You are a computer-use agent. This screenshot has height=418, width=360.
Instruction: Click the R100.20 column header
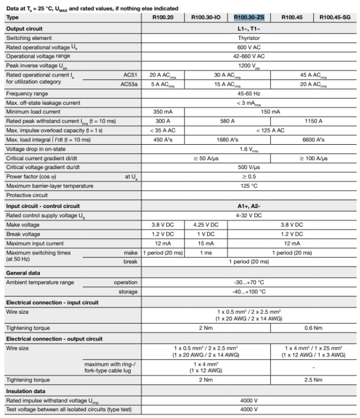(163, 18)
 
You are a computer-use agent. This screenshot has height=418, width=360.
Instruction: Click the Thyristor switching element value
(248, 38)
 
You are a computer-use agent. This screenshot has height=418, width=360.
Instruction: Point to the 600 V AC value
(248, 47)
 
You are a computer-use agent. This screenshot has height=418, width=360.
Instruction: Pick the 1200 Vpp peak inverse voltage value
(248, 65)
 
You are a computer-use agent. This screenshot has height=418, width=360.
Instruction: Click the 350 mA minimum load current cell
(163, 111)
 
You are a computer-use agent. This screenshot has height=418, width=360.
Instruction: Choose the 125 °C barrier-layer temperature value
(248, 186)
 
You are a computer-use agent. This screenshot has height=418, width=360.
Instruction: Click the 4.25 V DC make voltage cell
(205, 225)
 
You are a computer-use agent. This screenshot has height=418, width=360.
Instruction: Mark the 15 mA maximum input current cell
(205, 243)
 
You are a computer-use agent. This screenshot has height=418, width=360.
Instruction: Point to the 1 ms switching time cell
(205, 253)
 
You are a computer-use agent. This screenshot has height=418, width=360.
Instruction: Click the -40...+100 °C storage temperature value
(248, 292)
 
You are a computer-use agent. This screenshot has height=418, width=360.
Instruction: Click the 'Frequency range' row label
(28, 93)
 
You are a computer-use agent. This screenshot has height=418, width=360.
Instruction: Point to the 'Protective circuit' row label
(27, 195)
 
